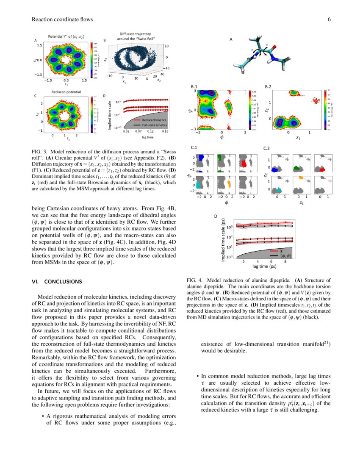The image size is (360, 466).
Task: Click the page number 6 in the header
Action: tap(328, 19)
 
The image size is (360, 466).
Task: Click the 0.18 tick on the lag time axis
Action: tap(165, 132)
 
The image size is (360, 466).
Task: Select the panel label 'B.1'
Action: tap(195, 86)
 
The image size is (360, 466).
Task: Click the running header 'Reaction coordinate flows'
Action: tap(62, 19)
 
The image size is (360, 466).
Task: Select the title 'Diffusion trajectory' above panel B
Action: tap(135, 34)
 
